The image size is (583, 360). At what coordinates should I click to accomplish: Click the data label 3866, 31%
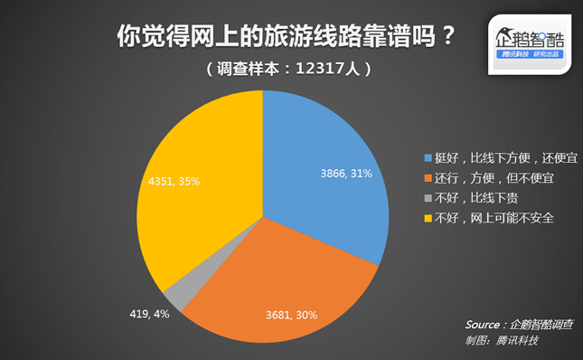(x=346, y=174)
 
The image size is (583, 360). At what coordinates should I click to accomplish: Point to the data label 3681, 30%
(x=291, y=315)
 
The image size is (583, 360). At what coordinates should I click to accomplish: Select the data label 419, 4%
(x=149, y=314)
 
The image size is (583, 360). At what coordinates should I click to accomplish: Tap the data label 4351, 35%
(x=174, y=181)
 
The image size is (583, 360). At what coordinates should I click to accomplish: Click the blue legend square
(x=428, y=158)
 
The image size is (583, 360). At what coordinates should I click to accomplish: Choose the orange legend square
(x=428, y=178)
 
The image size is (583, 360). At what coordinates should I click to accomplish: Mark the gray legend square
(x=428, y=198)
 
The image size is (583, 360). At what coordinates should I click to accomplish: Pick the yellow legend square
(x=428, y=218)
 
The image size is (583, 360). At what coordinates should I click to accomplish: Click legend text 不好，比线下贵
(x=476, y=198)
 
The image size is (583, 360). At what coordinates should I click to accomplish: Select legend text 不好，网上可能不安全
(x=494, y=218)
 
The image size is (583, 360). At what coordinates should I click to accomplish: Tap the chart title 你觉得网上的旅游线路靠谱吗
(x=276, y=36)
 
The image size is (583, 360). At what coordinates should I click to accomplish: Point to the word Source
(x=483, y=325)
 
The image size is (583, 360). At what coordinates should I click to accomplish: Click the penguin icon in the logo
(x=505, y=37)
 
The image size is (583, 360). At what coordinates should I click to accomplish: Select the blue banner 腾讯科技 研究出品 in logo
(x=530, y=54)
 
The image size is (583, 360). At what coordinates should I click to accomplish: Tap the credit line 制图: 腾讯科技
(x=502, y=340)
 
